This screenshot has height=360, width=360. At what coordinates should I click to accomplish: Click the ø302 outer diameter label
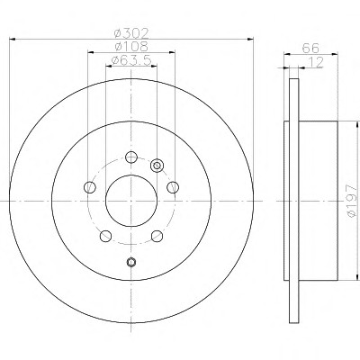click(131, 32)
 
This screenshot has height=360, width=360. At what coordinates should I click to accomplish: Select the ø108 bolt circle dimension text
click(131, 46)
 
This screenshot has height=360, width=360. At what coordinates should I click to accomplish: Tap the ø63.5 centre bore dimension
click(131, 60)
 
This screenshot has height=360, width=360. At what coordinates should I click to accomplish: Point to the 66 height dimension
click(310, 48)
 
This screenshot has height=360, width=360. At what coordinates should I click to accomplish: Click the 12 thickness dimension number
click(316, 62)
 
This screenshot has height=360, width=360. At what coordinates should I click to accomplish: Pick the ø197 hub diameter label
click(352, 201)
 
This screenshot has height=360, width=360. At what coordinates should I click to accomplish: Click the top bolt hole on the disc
click(131, 157)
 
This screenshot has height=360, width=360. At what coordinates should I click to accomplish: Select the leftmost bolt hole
click(90, 187)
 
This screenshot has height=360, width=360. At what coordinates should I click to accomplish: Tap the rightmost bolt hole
click(173, 187)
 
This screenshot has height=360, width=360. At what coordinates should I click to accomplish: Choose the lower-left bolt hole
click(105, 236)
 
